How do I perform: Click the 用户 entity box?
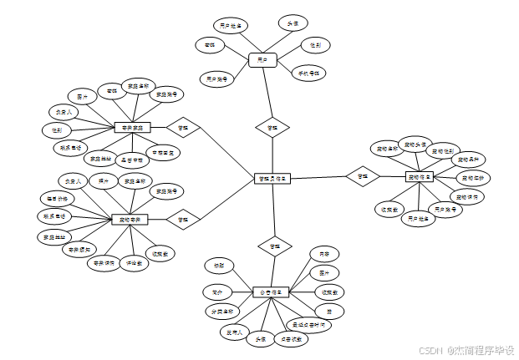pos(262,60)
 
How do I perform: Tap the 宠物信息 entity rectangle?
pos(420,177)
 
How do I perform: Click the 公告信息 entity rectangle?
pos(271,292)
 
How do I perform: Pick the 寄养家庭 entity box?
pos(132,128)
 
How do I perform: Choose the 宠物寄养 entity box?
pos(130,219)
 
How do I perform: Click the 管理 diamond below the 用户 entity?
pos(272,128)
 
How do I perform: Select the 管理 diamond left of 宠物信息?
pos(363,176)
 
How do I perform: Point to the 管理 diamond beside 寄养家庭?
pos(183,128)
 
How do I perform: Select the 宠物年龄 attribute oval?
pos(473,177)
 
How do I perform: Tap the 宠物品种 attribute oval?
pos(467,159)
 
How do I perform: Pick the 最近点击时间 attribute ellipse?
pos(308,324)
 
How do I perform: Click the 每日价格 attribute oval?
pos(59,199)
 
